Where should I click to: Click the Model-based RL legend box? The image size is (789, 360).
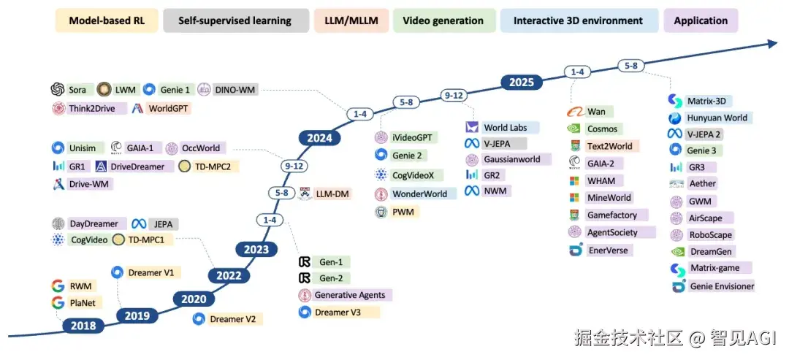[x=107, y=20]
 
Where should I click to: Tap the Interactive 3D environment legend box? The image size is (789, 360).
[x=578, y=20]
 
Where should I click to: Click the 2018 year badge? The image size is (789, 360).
[x=83, y=326]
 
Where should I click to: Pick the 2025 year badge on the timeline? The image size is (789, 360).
[x=521, y=82]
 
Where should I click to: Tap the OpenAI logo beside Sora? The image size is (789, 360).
[x=58, y=90]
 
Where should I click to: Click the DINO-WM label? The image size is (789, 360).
[x=235, y=90]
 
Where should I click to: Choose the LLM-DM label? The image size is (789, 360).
[x=332, y=194]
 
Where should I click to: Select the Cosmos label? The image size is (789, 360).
[x=602, y=129]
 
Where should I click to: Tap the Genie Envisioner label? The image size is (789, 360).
[x=722, y=286]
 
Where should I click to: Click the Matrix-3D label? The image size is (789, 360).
[x=710, y=101]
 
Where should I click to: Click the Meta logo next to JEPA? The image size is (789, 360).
[x=139, y=224]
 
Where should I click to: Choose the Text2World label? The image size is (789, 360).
[x=609, y=146]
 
